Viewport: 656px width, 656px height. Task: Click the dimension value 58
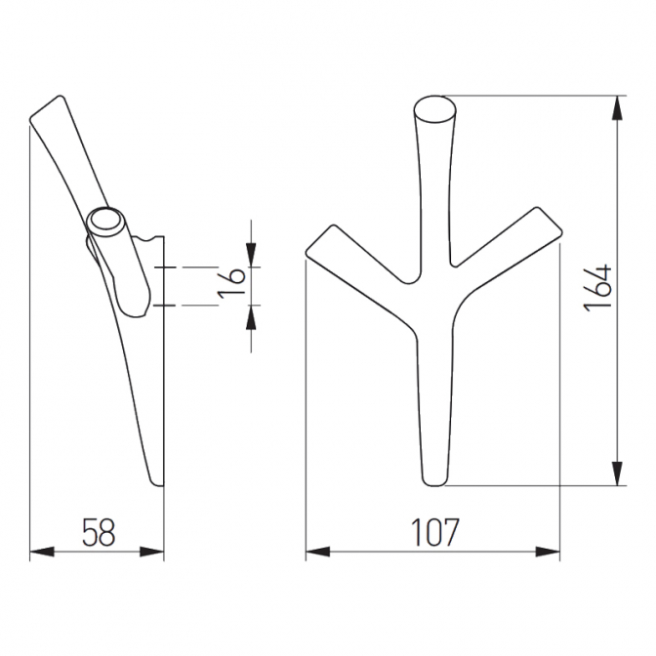99,532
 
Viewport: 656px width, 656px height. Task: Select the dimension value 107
435,532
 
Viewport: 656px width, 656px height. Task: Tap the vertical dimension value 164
597,288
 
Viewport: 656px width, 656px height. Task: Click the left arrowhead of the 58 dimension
42,552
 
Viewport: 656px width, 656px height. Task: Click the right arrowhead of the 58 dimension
151,552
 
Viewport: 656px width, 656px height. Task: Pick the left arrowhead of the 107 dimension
318,552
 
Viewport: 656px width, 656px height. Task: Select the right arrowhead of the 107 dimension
548,552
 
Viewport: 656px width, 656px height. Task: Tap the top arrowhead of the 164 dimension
618,108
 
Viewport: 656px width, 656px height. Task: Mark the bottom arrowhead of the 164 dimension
618,473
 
